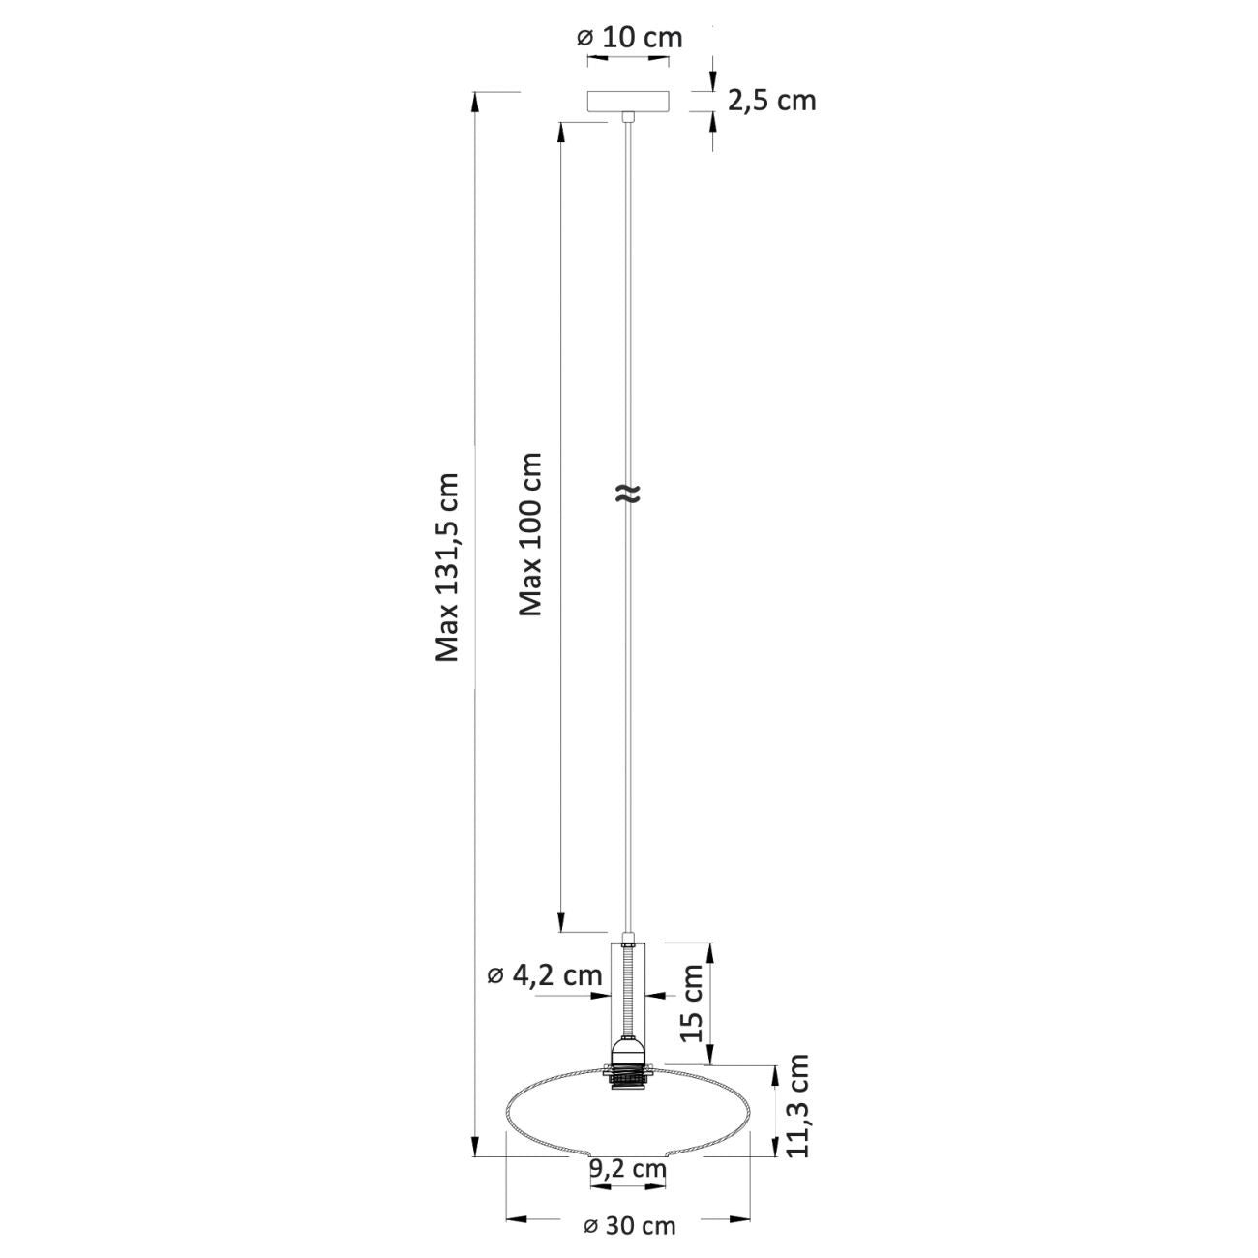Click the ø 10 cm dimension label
click(630, 38)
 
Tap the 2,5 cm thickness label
click(771, 102)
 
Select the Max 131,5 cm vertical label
click(448, 566)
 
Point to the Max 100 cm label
click(530, 534)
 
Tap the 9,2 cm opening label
click(628, 1168)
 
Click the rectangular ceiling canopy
click(628, 102)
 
